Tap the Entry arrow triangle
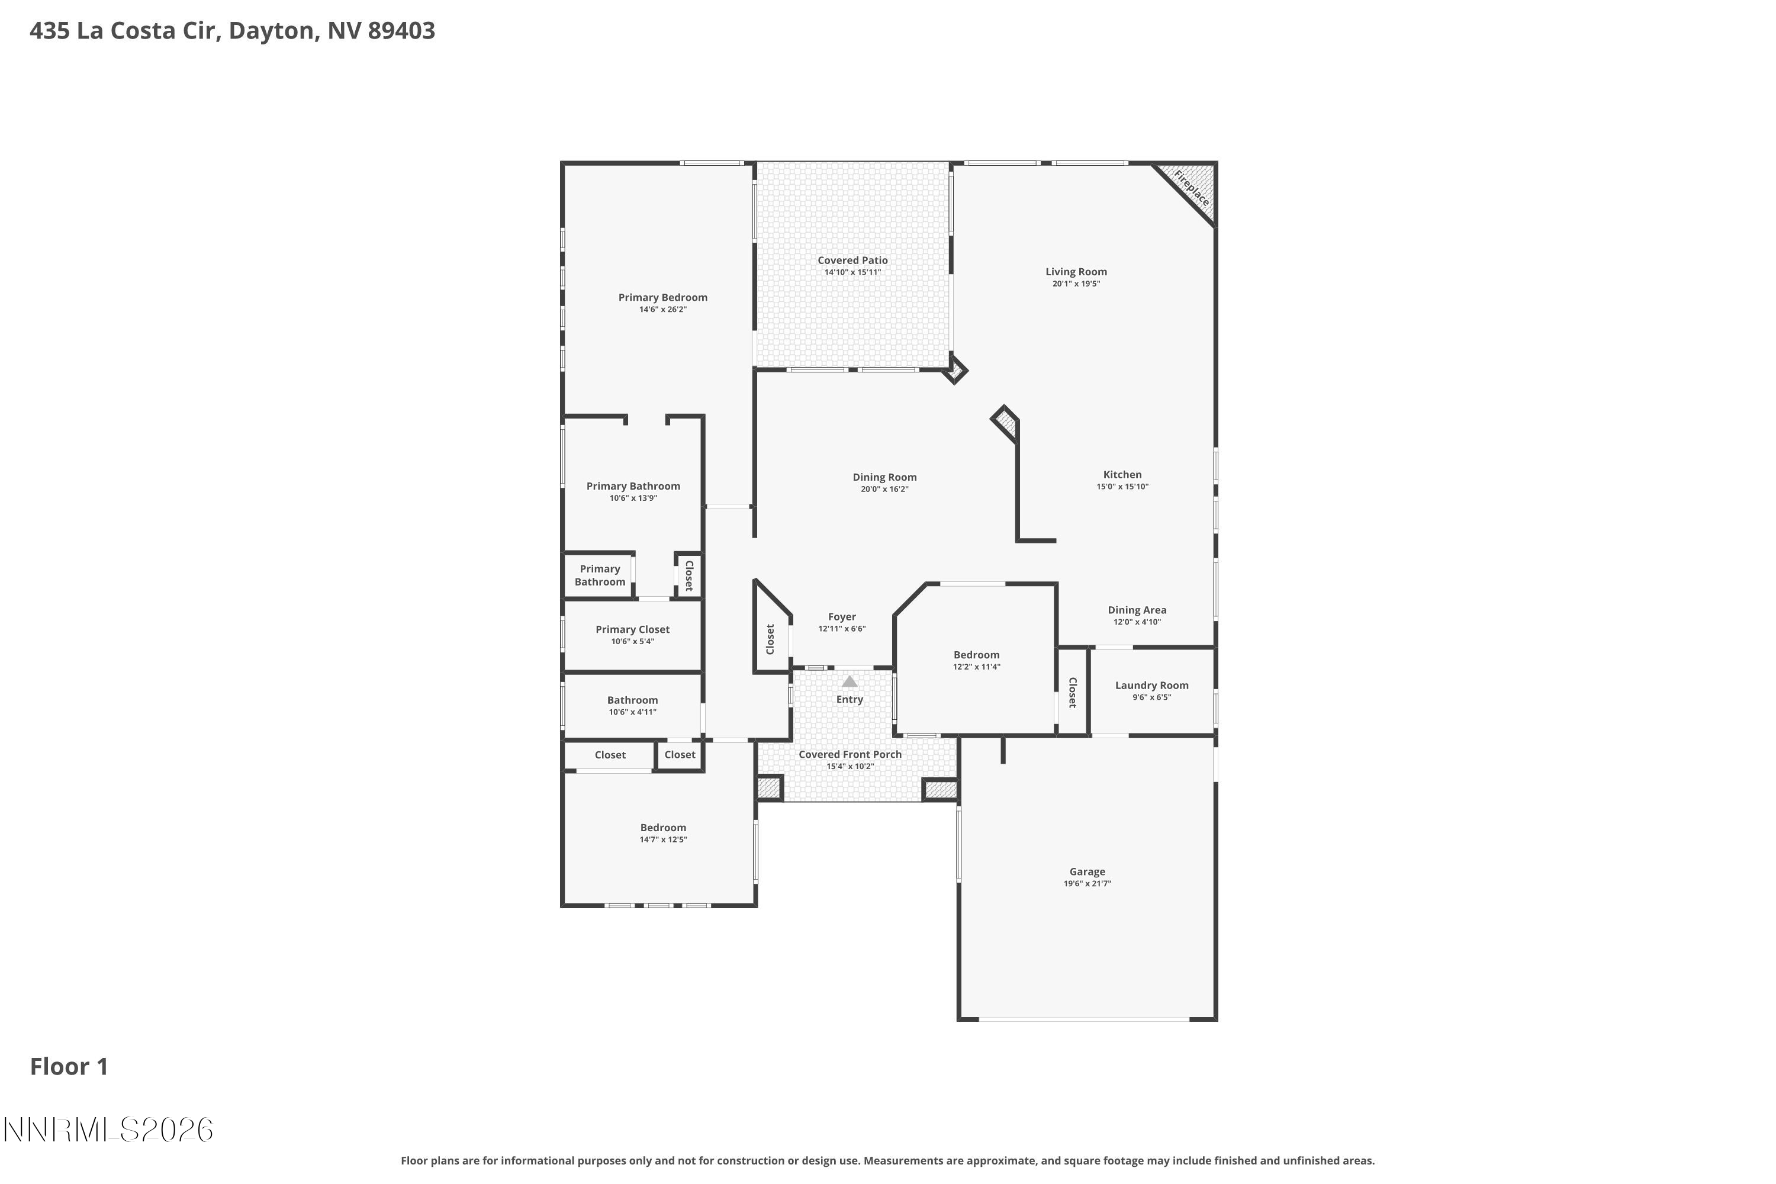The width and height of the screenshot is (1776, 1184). point(850,681)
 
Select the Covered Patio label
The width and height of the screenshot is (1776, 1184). point(852,260)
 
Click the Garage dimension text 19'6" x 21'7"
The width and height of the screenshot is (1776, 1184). point(1088,883)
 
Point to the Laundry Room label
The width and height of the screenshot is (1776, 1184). point(1151,686)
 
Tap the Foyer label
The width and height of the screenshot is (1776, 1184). point(842,617)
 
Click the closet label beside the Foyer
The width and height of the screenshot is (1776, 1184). point(770,639)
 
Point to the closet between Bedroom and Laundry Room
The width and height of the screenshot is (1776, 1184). point(1072,691)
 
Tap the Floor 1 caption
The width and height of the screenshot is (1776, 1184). point(69,1066)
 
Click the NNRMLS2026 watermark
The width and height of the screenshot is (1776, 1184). point(108,1130)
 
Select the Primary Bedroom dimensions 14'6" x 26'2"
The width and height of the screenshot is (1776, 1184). point(663,310)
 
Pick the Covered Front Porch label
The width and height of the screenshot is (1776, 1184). point(850,754)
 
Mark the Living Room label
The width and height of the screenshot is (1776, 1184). point(1076,272)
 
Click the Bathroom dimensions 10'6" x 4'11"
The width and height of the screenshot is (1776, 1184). point(632,712)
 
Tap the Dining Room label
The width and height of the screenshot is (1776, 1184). point(884,477)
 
